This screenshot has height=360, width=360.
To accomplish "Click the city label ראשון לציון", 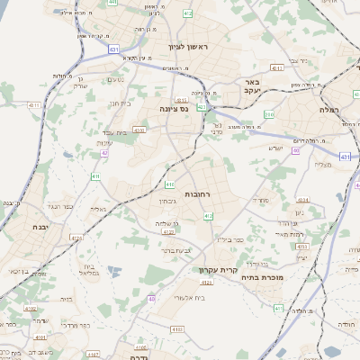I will coord(187,46).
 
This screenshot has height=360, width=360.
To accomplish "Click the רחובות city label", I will coord(197,194).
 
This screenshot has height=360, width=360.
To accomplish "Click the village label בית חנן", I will coord(120,104).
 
